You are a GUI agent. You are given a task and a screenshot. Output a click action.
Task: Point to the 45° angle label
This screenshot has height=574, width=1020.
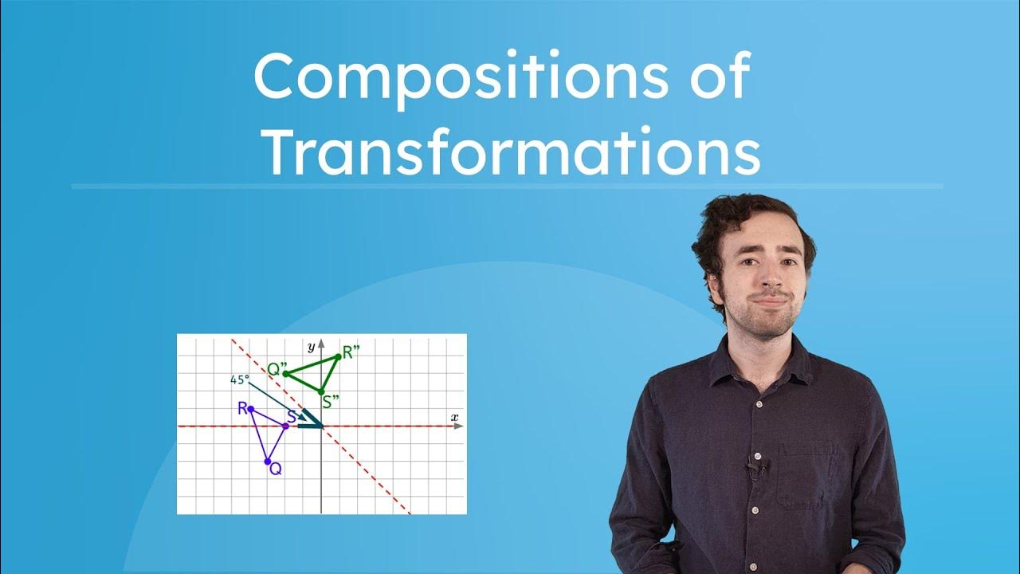pos(239,380)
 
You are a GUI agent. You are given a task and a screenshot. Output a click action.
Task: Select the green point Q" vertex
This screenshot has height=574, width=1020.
pos(285,373)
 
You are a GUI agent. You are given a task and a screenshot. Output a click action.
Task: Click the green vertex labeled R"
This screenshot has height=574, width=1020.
pos(339,356)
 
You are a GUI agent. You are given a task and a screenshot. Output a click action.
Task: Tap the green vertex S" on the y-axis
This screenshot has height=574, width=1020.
pos(321,391)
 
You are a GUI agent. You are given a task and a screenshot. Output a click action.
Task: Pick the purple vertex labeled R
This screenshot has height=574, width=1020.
pos(250,409)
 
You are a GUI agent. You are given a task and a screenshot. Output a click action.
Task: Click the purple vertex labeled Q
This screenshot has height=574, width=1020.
pos(268,462)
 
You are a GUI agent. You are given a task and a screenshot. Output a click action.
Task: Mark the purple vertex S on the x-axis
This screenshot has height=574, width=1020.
pos(285,427)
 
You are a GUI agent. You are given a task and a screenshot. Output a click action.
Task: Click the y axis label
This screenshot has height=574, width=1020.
pos(311,348)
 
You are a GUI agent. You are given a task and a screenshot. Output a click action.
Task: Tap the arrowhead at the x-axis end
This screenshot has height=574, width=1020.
pos(459,427)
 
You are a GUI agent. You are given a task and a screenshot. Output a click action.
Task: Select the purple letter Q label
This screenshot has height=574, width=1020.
pos(276,470)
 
